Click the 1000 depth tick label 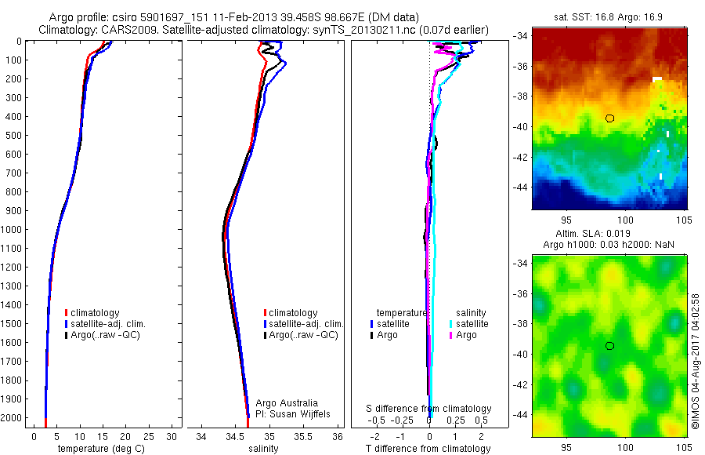[13, 230]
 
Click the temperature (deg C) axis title [99, 449]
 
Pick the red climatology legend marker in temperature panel [66, 313]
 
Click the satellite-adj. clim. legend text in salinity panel [306, 324]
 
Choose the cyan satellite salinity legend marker [451, 324]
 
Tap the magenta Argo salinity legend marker [451, 335]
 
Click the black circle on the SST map [609, 118]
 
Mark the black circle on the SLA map [609, 346]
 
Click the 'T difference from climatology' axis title [428, 449]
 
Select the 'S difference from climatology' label [429, 409]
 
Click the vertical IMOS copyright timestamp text [695, 361]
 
